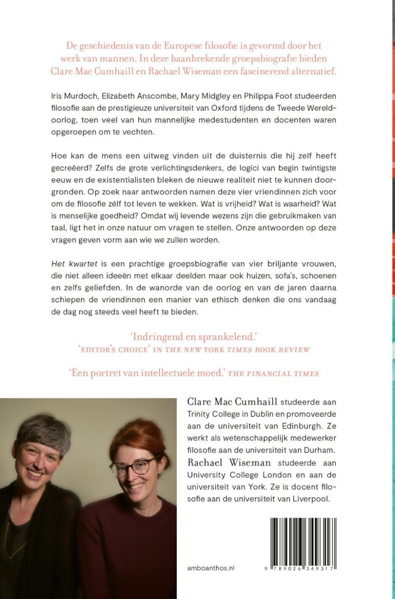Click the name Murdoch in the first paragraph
pyautogui.click(x=79, y=96)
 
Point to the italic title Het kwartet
pyautogui.click(x=74, y=264)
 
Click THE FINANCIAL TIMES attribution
pyautogui.click(x=273, y=373)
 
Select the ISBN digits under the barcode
pyautogui.click(x=303, y=568)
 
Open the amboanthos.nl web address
pyautogui.click(x=211, y=568)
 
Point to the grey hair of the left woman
pyautogui.click(x=44, y=428)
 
